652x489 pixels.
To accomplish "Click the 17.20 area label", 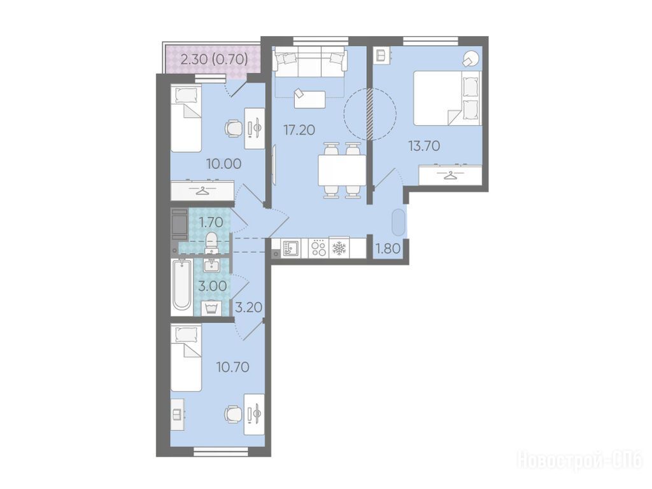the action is pos(299,130).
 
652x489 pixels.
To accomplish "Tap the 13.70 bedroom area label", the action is pos(424,146).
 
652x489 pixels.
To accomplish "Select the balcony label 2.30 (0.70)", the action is pos(215,59).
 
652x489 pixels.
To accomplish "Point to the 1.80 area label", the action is pos(388,249).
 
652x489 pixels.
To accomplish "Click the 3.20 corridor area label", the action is pos(249,308).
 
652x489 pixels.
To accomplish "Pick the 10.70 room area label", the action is pos(232,367).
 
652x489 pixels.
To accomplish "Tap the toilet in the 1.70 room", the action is pos(211,243).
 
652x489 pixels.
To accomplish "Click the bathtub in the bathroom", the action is pos(181,285).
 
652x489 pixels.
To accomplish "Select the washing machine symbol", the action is pos(211,308).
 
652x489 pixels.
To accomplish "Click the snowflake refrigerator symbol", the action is pos(339,248).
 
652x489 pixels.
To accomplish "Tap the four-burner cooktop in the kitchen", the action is pos(318,248).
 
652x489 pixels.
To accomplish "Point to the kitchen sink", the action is pos(290,249).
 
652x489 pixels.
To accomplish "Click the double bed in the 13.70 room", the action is pos(447,98).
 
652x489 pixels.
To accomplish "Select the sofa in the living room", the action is pos(310,62).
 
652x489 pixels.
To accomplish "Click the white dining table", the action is pos(342,171).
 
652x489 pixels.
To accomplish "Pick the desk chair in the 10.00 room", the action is pos(233,128).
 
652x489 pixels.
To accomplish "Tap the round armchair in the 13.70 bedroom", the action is pos(471,59).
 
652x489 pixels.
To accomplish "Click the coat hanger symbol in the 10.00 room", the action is pos(202,191).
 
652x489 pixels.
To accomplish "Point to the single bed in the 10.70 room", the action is pos(186,358).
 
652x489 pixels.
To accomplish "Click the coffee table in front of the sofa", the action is pos(309,99).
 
